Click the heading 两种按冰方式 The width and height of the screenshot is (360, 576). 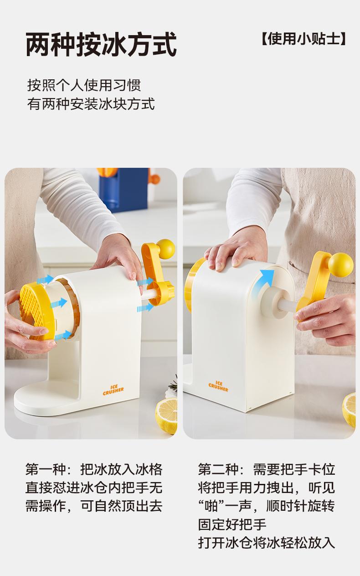click(101, 44)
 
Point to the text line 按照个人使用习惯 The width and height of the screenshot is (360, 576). click(84, 85)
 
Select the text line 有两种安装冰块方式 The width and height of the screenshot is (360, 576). click(91, 104)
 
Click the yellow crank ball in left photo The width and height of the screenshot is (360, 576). click(165, 249)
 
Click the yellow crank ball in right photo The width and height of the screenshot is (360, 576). click(341, 265)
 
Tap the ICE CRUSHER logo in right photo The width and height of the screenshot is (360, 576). click(218, 386)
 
